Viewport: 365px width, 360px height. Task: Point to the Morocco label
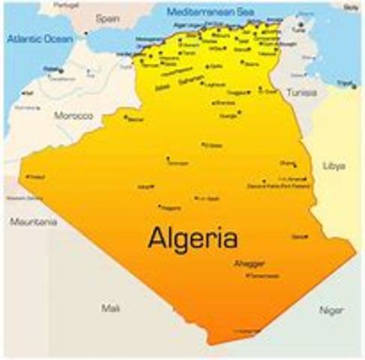73,115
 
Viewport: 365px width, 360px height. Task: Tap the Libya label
333,165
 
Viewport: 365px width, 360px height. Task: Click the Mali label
109,307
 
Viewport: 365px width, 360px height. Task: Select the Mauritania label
33,222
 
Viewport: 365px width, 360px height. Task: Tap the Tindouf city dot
28,176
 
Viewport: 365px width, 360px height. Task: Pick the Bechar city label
135,118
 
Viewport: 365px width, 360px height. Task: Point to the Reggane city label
172,207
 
